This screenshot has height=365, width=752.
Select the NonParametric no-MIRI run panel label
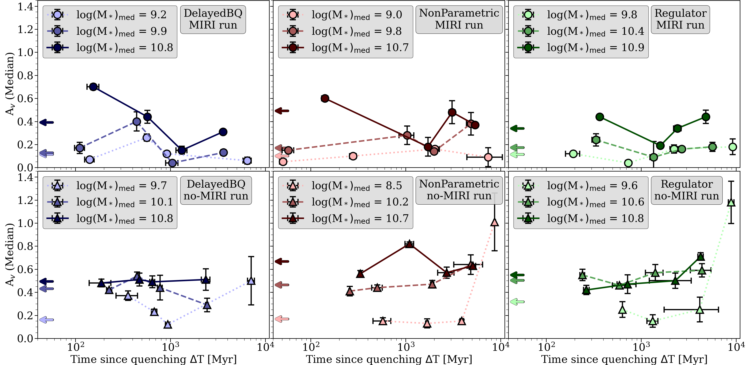coord(459,190)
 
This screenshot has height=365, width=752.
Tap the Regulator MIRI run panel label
coord(680,19)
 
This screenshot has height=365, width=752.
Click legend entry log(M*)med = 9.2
coord(111,15)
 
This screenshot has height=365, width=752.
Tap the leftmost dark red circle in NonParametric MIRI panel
coord(325,98)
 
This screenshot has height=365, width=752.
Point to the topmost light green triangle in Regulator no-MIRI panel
coord(731,202)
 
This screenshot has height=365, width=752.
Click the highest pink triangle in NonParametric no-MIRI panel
coord(495,222)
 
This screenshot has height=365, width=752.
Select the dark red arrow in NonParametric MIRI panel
coord(282,111)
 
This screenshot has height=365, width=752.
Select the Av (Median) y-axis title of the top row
coord(10,84)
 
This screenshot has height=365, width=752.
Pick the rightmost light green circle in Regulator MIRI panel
coord(732,147)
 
